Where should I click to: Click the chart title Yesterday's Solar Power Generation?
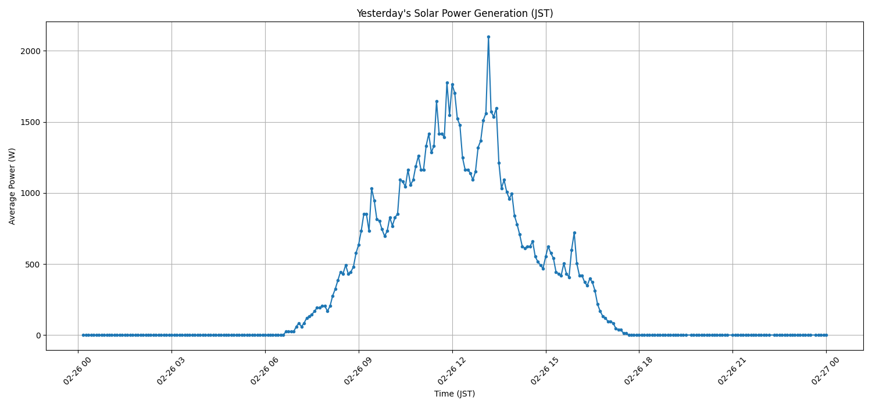pyautogui.click(x=455, y=13)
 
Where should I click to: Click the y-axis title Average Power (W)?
pyautogui.click(x=12, y=186)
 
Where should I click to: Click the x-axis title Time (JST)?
pyautogui.click(x=455, y=394)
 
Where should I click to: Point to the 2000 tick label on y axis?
pyautogui.click(x=31, y=51)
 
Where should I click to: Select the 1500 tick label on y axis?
pyautogui.click(x=31, y=122)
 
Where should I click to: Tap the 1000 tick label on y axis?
pyautogui.click(x=31, y=193)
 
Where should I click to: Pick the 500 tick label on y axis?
pyautogui.click(x=33, y=264)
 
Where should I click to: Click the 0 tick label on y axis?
pyautogui.click(x=38, y=335)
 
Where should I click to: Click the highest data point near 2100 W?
pyautogui.click(x=488, y=37)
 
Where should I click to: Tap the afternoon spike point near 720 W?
pyautogui.click(x=574, y=233)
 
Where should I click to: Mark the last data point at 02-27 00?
pyautogui.click(x=826, y=335)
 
